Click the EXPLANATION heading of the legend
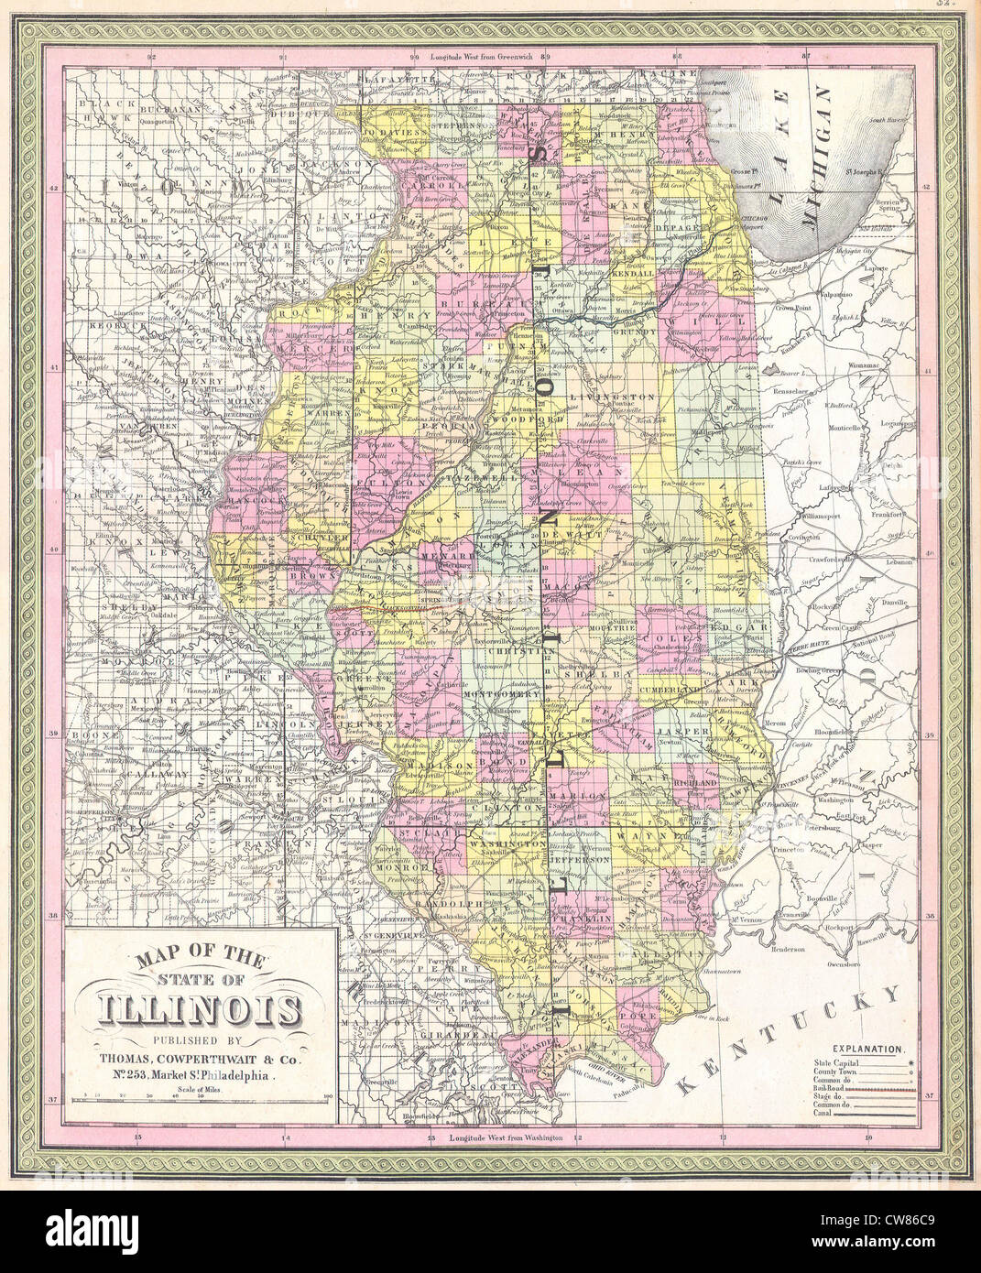tap(867, 1046)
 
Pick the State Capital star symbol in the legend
tap(912, 1060)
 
